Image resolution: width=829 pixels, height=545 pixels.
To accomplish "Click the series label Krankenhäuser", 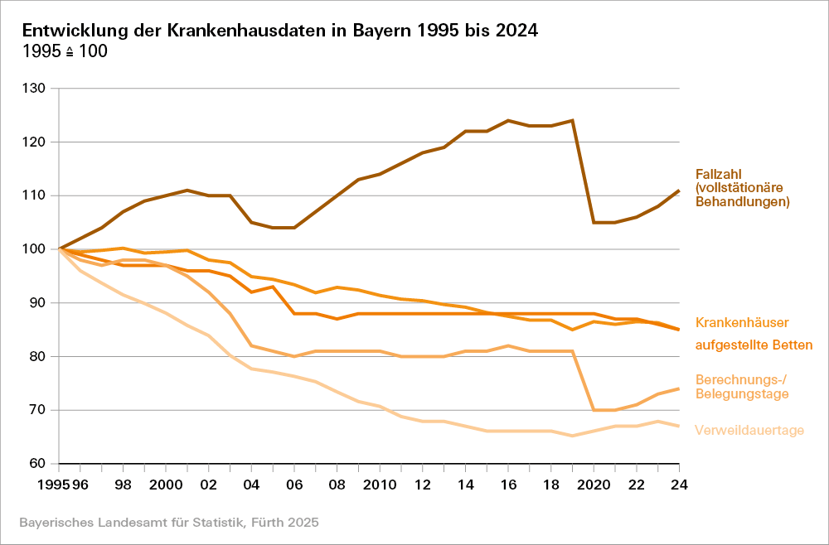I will (742, 322).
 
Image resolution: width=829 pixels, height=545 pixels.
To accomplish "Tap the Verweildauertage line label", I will (749, 430).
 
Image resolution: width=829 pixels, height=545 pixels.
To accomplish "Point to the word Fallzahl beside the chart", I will (718, 175).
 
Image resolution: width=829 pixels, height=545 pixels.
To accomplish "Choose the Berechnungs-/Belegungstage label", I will (741, 386).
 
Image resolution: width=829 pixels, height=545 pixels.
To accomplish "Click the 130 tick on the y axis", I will (37, 89).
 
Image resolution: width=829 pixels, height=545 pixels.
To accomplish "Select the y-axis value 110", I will (37, 195).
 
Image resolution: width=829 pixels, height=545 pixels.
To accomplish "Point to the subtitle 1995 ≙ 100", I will (65, 51).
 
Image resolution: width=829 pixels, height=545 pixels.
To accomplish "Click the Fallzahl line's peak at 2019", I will (572, 120).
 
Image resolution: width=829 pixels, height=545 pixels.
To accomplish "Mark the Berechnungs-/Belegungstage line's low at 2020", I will (594, 410).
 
